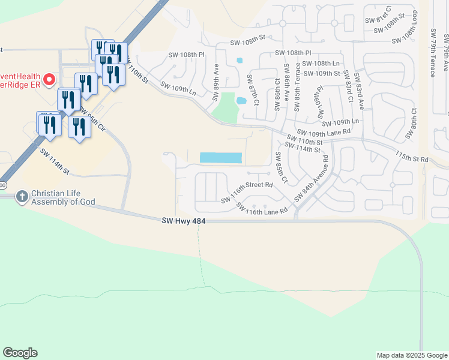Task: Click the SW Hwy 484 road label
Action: [184, 221]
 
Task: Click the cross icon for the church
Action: [22, 196]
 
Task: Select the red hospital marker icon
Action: [49, 79]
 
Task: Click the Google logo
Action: [20, 353]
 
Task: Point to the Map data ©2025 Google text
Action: [411, 355]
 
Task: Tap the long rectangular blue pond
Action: [220, 158]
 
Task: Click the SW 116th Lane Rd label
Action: [262, 209]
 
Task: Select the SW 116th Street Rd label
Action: [247, 193]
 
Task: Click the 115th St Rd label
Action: [412, 157]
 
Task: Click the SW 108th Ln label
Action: [321, 63]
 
